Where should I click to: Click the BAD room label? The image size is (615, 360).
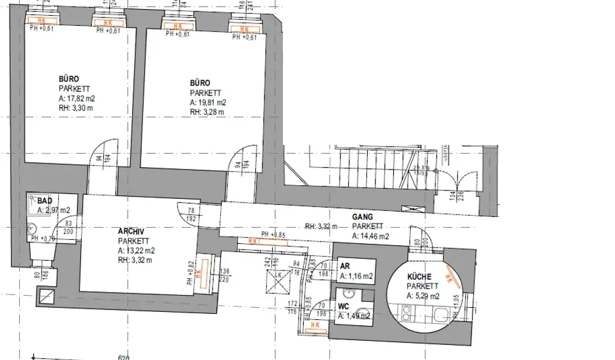pos(44,201)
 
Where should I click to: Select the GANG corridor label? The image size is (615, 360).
pos(362,216)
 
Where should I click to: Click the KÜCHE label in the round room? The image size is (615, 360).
pos(419,277)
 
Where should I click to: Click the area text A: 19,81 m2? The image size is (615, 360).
pos(208,103)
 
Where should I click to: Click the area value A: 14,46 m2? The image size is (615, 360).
pos(370,236)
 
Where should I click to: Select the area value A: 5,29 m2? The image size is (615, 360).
pos(424,296)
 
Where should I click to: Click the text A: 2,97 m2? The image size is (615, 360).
pos(54,210)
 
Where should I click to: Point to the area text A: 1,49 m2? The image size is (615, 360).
pos(354,316)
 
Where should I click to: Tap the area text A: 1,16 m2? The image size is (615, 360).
pos(357,276)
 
